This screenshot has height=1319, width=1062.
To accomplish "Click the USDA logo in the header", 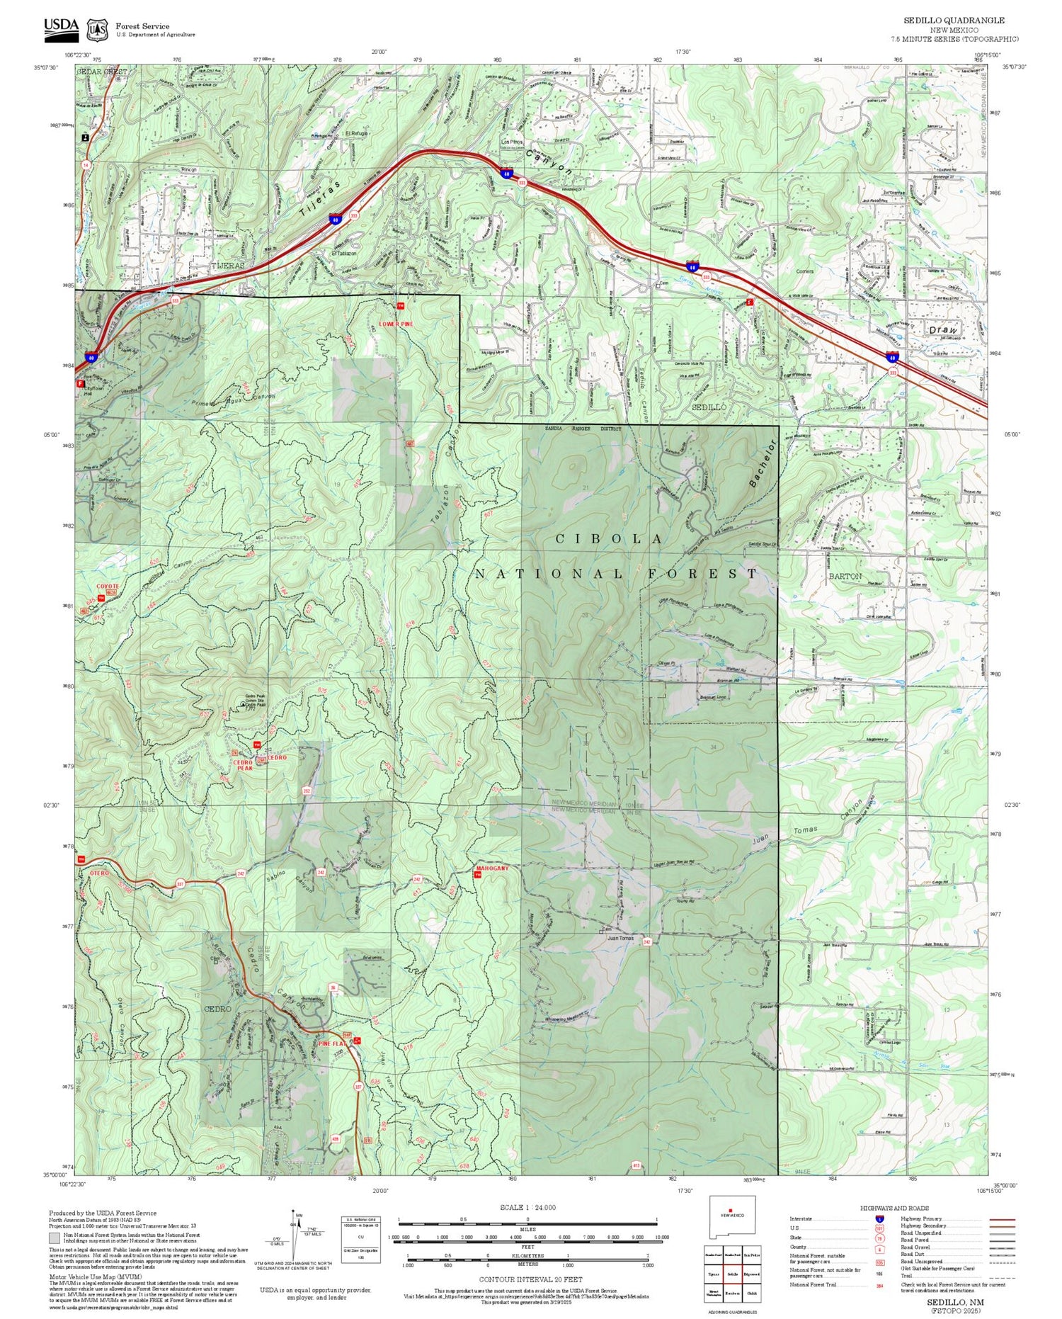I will pos(61,26).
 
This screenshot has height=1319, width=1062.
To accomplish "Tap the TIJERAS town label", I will pos(228,265).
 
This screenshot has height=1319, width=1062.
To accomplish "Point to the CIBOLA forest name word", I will pos(609,539).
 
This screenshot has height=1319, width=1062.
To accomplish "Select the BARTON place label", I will pos(845,576).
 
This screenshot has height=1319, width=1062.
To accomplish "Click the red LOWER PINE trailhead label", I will pos(395,324).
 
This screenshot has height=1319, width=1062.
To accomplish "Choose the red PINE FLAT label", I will pos(333,1043).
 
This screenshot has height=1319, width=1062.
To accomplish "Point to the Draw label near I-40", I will pos(942,330).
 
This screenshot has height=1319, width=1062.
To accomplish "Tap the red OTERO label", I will pos(99,873).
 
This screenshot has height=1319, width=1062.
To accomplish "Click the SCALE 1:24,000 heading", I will pos(527,1208).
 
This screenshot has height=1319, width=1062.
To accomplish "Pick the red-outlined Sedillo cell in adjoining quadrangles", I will pos(732,1274).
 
